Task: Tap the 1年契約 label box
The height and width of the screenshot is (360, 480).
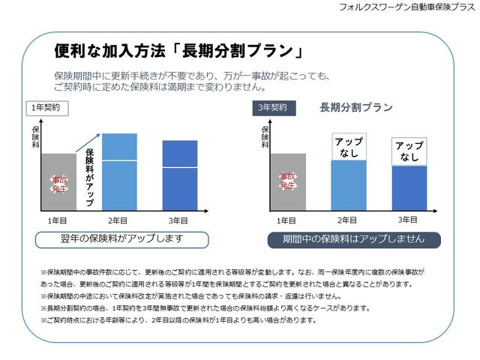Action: click(46, 108)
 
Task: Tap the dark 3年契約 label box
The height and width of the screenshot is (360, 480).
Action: click(273, 108)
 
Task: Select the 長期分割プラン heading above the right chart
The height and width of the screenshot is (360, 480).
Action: click(356, 107)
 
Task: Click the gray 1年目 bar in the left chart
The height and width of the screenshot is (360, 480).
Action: click(58, 183)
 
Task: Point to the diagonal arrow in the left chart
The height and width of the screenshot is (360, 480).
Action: click(88, 140)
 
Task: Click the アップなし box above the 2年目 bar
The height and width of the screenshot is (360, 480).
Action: click(348, 146)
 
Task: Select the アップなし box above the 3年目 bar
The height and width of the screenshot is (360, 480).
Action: click(409, 151)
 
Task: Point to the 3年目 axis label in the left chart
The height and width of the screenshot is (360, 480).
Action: click(178, 221)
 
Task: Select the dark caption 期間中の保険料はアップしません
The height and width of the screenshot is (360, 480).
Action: click(354, 239)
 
